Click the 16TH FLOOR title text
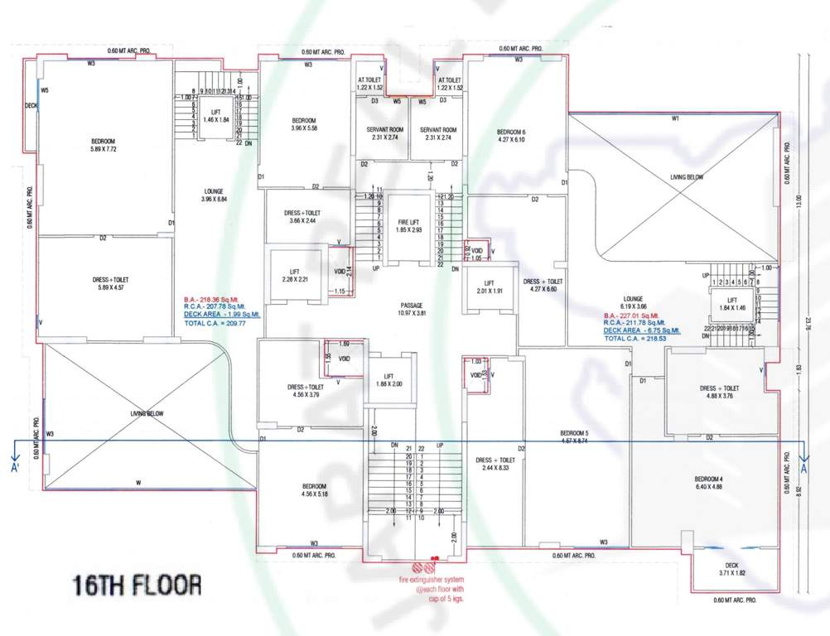pos(137,585)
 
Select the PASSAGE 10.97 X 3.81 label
pos(406,309)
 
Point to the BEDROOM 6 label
pos(511,137)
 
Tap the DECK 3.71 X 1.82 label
pos(726,568)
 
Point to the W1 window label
pos(675,118)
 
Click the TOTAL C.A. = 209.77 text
pos(217,324)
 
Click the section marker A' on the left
pos(15,468)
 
